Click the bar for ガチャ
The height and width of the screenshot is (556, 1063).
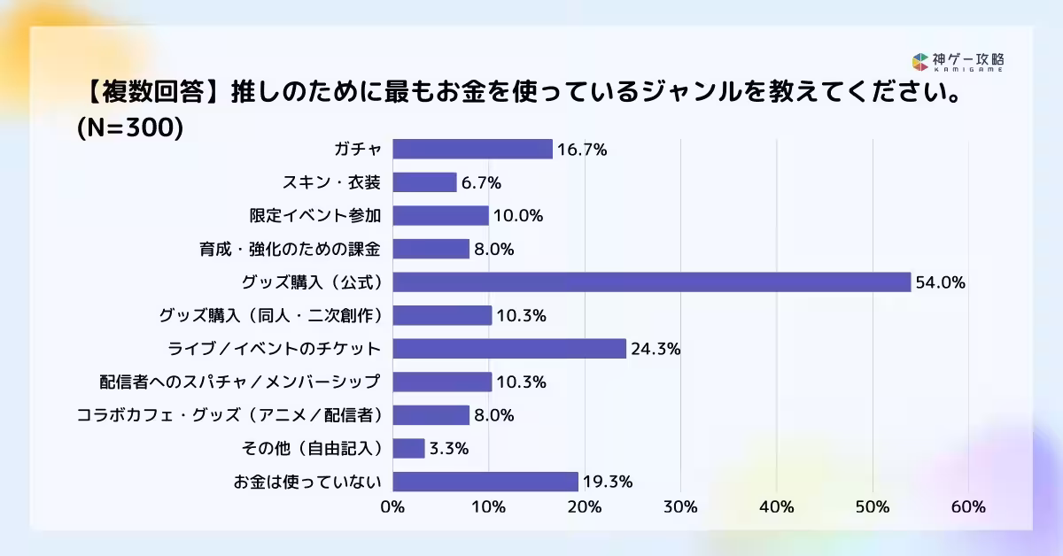pos(472,149)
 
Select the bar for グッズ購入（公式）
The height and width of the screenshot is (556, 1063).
pos(651,282)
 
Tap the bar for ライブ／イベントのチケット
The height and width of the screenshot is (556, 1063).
pos(509,349)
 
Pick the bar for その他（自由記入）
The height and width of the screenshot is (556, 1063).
pos(408,448)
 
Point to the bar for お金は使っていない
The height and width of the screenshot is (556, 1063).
pos(485,482)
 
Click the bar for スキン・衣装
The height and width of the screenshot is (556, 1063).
pos(424,182)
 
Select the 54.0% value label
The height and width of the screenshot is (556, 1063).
pos(941,283)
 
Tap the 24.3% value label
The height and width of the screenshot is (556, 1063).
pos(656,350)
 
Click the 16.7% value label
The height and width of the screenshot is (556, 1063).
pos(582,150)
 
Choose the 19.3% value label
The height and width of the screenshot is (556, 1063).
pos(607,483)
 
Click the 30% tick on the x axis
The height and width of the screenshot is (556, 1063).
pos(680,507)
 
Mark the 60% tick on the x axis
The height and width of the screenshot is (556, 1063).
pos(968,507)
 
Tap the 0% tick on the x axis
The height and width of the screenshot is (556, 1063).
pos(392,507)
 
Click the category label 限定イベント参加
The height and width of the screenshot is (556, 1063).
pos(315,216)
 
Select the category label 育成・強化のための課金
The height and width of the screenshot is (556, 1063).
pos(290,249)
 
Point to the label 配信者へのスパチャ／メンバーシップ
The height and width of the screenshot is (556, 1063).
pos(240,382)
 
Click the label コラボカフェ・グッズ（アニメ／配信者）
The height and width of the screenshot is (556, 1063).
pos(229,415)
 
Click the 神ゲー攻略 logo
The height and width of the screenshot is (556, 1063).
pos(958,62)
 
